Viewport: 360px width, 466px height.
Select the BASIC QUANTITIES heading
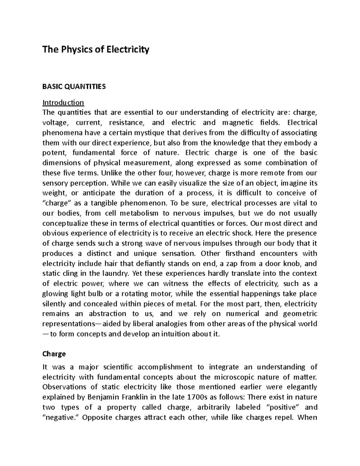[x=74, y=87]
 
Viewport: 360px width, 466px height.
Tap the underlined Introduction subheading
[x=63, y=103]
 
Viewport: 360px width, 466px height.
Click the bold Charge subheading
[x=54, y=354]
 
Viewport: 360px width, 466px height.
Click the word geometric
[x=300, y=314]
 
